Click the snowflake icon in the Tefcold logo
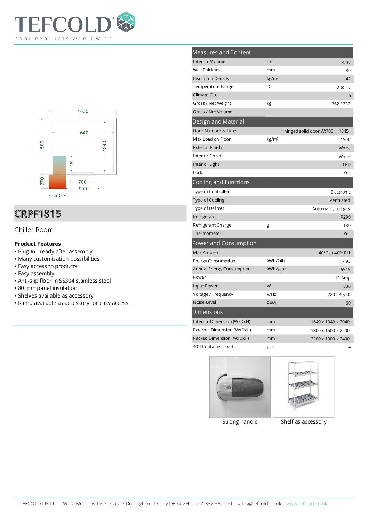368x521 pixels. pos(126,22)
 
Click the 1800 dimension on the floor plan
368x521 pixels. pos(83,111)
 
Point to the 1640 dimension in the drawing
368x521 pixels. pos(83,133)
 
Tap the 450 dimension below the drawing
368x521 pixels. pos(57,196)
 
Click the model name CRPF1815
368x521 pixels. pos(38,214)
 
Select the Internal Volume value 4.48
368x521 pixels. pos(346,62)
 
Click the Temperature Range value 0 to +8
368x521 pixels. pos(343,87)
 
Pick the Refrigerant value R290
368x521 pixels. pos(345,217)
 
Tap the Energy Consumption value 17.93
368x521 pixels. pos(345,261)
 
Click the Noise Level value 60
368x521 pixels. pos(348,303)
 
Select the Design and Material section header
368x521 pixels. pos(218,121)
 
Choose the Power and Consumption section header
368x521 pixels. pos(224,243)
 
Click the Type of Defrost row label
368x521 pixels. pos(209,208)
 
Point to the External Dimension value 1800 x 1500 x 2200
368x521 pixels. pos(330,330)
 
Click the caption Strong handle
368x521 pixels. pos(240,421)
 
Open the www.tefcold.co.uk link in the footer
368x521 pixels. pos(306,503)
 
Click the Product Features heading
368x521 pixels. pos(38,244)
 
